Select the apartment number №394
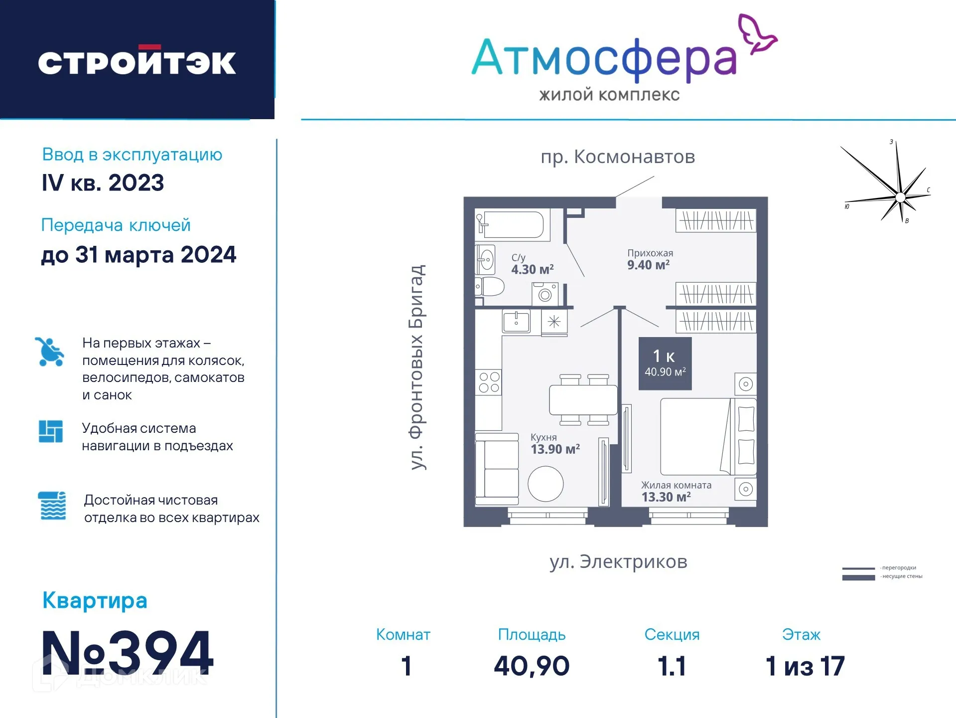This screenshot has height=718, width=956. [128, 652]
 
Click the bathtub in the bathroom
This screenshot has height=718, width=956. [513, 225]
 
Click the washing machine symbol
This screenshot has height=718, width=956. [545, 294]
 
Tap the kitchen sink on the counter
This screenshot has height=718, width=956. [516, 322]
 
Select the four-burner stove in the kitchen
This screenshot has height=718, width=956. [489, 382]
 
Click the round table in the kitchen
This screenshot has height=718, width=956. [546, 484]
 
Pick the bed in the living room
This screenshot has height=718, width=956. [707, 436]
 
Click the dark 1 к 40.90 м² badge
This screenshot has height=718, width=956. [665, 363]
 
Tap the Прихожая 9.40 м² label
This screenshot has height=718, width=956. [650, 259]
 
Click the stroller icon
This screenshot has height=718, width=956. [50, 352]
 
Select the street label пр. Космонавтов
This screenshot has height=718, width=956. [618, 157]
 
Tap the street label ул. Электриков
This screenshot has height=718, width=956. [618, 561]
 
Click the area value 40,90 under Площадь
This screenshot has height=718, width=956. [532, 666]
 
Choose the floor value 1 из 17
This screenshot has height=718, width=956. [805, 666]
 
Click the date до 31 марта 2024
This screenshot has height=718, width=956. [138, 255]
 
